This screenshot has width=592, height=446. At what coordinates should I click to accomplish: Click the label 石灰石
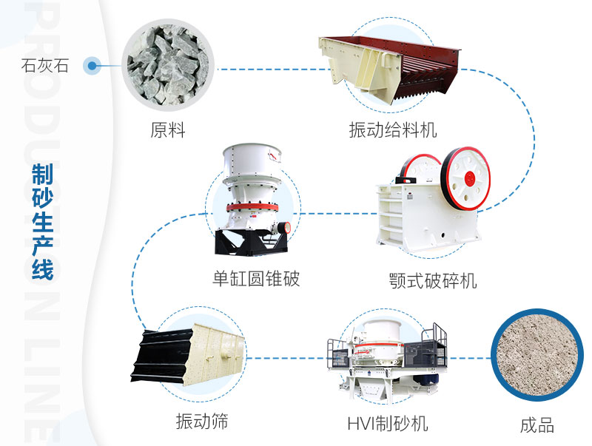click(45, 66)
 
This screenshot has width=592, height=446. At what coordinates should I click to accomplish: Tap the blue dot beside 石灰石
click(92, 66)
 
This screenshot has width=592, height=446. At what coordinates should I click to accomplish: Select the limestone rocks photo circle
click(168, 65)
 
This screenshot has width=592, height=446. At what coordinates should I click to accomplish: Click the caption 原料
click(168, 131)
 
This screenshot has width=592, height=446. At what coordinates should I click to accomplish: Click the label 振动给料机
click(393, 131)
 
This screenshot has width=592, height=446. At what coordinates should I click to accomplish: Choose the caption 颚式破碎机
click(433, 281)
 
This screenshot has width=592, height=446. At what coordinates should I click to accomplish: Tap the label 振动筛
click(202, 422)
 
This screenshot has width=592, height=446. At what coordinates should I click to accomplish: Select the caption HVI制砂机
click(388, 424)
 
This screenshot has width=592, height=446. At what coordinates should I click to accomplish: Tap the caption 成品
click(536, 425)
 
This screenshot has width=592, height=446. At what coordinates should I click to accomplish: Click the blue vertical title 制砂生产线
click(43, 222)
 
